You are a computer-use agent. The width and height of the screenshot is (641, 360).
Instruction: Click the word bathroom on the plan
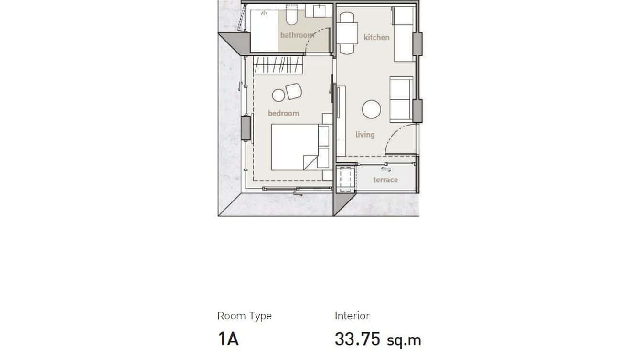[297, 35]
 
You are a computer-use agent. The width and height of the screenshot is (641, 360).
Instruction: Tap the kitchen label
[376, 37]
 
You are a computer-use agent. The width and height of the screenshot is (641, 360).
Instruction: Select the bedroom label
[283, 113]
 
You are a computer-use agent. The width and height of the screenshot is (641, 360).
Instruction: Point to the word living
[365, 135]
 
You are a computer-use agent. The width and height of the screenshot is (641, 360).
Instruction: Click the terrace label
[385, 180]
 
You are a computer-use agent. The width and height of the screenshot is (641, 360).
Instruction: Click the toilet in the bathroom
[291, 16]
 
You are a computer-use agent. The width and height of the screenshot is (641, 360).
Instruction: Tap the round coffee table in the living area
[372, 109]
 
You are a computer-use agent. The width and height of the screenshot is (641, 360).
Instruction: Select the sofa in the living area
[401, 99]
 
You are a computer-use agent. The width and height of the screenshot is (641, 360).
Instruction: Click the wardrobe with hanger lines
[278, 65]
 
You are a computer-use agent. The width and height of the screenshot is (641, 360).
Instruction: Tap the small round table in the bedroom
[278, 95]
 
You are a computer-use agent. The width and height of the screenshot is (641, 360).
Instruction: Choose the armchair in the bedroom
[294, 91]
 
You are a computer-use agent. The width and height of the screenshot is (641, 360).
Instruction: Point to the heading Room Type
[244, 316]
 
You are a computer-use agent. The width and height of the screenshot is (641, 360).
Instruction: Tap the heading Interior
[352, 316]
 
